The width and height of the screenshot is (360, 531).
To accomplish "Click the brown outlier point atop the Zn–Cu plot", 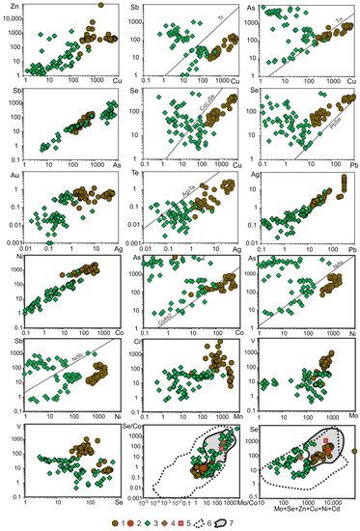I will click(101, 5).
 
